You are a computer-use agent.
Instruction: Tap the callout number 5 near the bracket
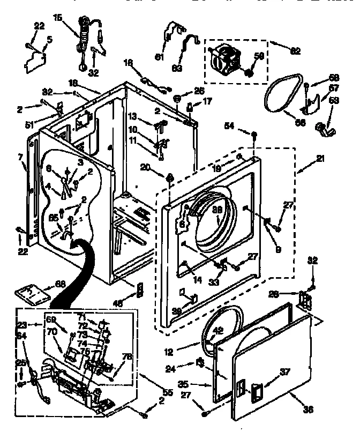[49, 39]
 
